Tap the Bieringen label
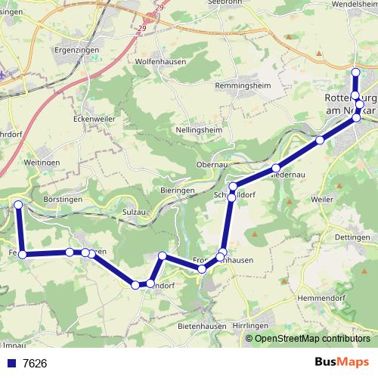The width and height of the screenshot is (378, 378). [178, 190]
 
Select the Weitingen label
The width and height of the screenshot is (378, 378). [42, 163]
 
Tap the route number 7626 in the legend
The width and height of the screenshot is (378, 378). [35, 363]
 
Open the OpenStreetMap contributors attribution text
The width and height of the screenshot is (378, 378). [311, 338]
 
